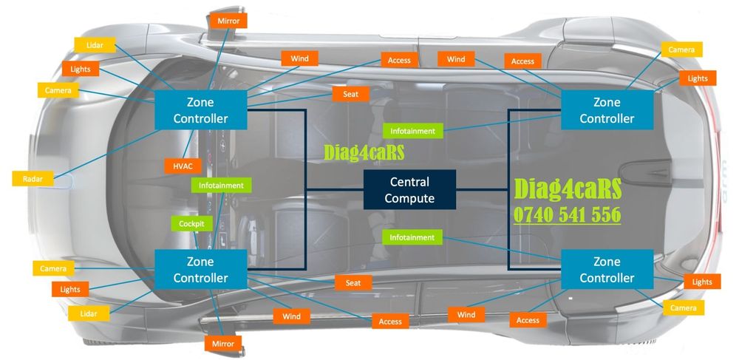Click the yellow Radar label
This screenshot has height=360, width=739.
(x=32, y=178)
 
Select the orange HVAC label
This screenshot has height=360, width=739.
(x=183, y=166)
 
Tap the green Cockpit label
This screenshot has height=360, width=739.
(x=191, y=223)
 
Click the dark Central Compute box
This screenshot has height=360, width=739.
(x=409, y=189)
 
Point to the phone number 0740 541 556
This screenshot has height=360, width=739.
(x=567, y=214)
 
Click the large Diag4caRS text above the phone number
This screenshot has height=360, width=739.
(x=567, y=188)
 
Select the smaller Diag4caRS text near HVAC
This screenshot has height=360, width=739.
(x=364, y=152)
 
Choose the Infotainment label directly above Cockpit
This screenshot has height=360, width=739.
(x=221, y=185)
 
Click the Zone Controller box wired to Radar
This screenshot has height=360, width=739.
(x=200, y=109)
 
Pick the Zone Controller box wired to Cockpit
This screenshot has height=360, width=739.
(x=200, y=270)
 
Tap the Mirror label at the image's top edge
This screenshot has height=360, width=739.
(x=228, y=21)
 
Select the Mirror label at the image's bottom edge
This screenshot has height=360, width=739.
(x=222, y=344)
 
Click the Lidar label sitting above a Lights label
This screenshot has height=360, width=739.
(x=95, y=45)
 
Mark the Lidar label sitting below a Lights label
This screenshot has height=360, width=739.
(x=87, y=314)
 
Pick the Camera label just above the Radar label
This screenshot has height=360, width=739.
(x=57, y=90)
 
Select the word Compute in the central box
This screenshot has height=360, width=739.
(x=409, y=198)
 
